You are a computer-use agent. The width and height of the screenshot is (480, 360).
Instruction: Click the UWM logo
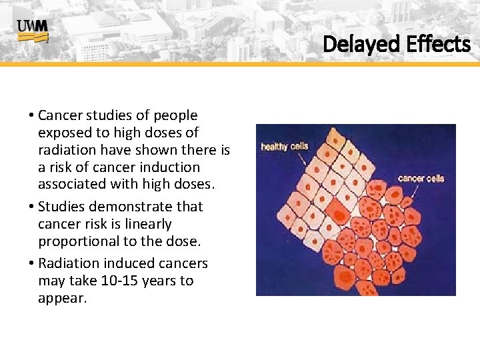[33, 31]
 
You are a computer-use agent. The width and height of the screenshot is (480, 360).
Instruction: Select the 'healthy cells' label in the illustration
[284, 146]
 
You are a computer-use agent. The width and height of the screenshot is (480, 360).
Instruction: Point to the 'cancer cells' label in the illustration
[421, 178]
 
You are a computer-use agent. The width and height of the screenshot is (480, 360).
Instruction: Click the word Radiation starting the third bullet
[73, 263]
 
